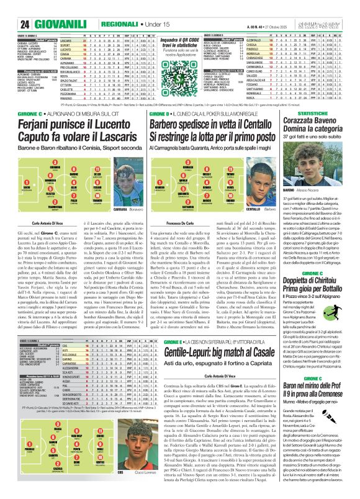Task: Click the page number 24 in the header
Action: coord(10,7)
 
